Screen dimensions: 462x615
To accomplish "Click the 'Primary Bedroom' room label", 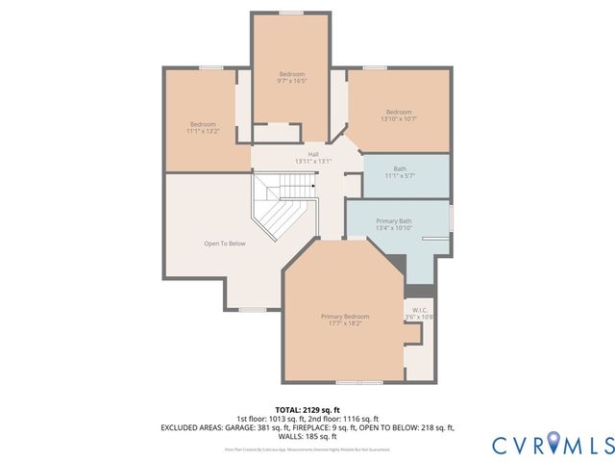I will pos(344,316).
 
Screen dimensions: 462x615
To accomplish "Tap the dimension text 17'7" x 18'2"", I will pos(344,323).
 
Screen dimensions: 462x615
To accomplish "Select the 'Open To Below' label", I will pos(225,244).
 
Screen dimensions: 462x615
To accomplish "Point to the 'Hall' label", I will pos(313,154).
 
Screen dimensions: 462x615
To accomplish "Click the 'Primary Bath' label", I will pos(394,220).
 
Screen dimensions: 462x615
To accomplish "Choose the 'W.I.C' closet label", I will pos(420,309).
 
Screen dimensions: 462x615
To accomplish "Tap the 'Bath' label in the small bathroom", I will pos(399,168).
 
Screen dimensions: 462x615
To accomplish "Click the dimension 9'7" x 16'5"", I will pos(292,82).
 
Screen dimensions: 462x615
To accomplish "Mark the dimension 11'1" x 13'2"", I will pos(203,131).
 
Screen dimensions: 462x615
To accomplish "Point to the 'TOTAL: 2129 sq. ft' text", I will pos(307,410).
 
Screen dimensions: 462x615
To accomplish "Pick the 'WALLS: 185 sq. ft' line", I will pos(307,435).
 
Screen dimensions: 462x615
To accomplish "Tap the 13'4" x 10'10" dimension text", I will pos(394,228).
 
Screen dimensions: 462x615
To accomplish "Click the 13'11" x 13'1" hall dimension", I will pos(313,162).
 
